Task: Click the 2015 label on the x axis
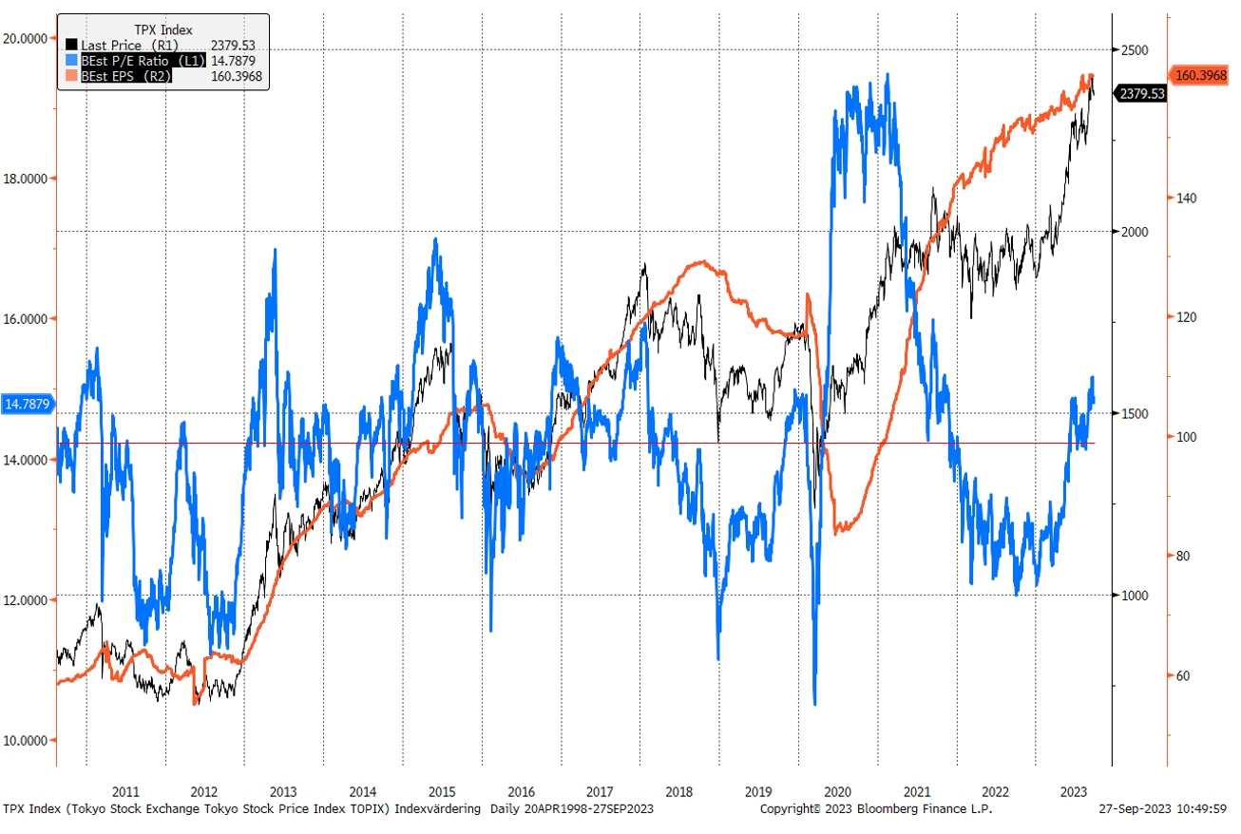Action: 442,791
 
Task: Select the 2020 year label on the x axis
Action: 837,791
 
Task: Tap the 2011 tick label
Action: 125,791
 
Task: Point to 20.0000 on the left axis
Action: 26,38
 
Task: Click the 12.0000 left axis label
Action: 26,599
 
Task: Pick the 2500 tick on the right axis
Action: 1132,49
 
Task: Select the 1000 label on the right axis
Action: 1132,596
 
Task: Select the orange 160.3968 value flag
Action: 1203,75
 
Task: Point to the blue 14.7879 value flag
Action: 28,405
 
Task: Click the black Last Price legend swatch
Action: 71,45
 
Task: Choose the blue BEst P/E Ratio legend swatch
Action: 71,61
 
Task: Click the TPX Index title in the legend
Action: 162,29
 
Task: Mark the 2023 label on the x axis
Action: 1074,791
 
